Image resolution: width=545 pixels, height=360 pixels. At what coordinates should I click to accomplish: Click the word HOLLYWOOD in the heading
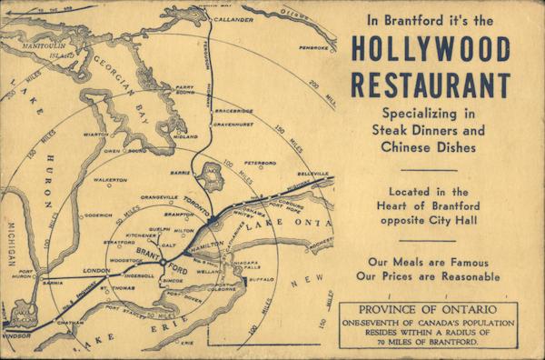430,48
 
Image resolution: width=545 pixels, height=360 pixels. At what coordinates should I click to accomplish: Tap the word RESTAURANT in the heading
430,83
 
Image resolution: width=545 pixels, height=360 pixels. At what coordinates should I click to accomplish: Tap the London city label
97,271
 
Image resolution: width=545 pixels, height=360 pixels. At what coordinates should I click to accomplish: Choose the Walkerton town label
111,180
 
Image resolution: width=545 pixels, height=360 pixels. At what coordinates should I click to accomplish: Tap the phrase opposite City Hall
430,224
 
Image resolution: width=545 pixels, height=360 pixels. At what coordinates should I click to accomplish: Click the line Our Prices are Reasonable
430,275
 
